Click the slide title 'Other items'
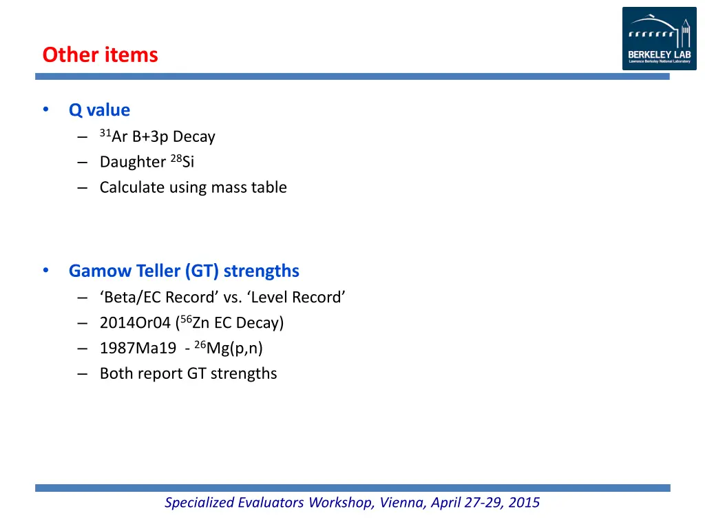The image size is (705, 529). point(100,54)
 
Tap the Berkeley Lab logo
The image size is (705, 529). point(659,39)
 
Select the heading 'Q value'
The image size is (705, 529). point(99,110)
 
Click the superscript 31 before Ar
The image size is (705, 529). point(105,133)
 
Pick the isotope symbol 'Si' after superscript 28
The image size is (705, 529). point(188,162)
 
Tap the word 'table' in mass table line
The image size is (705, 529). point(269,187)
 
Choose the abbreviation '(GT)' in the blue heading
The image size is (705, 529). point(202,271)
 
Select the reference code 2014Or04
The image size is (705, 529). point(135,323)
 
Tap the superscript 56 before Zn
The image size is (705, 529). point(186,319)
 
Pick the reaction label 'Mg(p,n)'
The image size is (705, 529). point(235,349)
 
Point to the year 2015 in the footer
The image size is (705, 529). point(524,503)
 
